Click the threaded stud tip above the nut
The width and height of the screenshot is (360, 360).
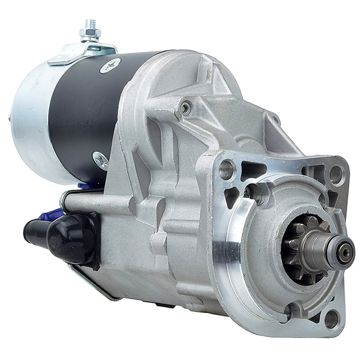[x=90, y=23]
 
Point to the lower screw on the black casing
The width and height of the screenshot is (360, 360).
[x=100, y=159]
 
